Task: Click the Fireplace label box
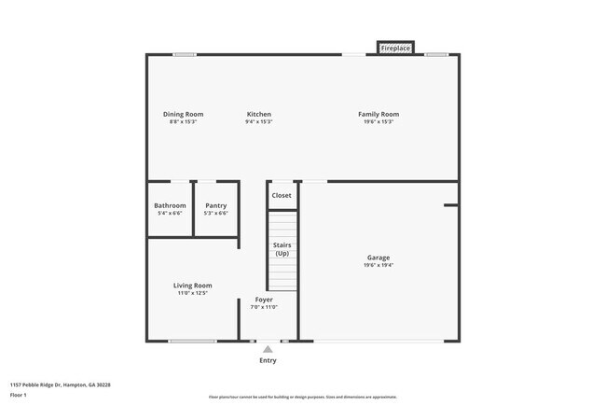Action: [395, 48]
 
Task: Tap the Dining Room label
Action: [184, 114]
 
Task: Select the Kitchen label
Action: [259, 114]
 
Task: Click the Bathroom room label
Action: [170, 205]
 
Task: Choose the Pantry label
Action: [215, 205]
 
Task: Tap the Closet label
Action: [282, 195]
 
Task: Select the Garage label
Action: [379, 258]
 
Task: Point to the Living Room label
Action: [192, 286]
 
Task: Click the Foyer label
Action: [264, 300]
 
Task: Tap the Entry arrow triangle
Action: [268, 349]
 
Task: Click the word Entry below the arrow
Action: [268, 360]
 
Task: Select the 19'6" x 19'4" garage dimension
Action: [379, 265]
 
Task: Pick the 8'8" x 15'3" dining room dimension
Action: [184, 122]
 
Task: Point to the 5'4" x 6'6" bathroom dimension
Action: [170, 213]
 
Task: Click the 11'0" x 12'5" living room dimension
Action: [192, 293]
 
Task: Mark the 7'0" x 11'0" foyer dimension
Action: [264, 307]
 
